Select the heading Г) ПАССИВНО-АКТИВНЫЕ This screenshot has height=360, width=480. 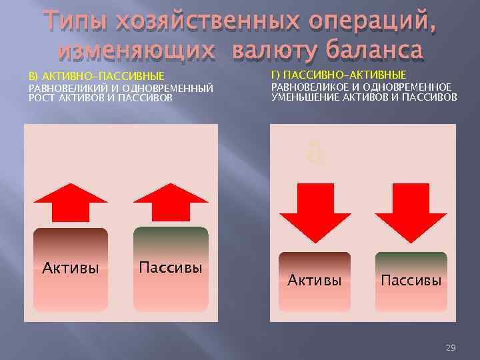pos(339,74)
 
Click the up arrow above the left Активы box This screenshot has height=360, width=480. pos(69,201)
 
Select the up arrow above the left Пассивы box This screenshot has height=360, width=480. pos(171,201)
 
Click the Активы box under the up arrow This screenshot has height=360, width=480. pos(71,269)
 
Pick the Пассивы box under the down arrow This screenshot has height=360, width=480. pos(411,281)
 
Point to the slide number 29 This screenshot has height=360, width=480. pos(450,348)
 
